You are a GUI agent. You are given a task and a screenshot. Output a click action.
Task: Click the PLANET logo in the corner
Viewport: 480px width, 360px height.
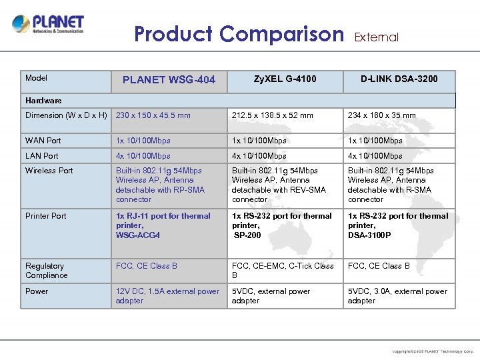tap(48, 25)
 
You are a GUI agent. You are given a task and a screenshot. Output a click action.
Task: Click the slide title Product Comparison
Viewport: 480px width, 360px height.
tap(239, 34)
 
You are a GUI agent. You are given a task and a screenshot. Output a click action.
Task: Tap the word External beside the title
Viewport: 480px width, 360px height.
tap(376, 37)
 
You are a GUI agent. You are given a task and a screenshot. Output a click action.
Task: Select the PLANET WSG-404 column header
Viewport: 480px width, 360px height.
tap(169, 80)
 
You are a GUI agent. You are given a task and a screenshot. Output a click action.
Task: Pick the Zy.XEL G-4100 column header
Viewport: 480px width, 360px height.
tap(285, 79)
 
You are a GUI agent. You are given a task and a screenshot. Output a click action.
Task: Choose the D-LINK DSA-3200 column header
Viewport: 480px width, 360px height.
tap(399, 79)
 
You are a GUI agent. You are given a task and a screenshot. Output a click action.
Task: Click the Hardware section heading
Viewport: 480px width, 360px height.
tap(43, 101)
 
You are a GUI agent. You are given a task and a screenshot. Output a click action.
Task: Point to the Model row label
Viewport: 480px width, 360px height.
tap(36, 78)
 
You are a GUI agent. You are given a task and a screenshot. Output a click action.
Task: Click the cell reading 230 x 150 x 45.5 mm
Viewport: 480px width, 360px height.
tap(153, 115)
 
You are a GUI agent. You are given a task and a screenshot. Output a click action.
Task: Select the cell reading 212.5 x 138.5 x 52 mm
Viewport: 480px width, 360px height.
tap(272, 115)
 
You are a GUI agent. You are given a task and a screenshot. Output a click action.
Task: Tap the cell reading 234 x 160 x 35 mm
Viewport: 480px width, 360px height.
tap(381, 115)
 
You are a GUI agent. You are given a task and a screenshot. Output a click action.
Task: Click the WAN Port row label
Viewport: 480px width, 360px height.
tap(43, 141)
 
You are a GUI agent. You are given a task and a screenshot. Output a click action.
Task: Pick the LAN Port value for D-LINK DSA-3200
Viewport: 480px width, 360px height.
tap(375, 156)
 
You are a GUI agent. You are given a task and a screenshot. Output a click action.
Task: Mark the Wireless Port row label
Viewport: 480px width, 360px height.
tap(49, 171)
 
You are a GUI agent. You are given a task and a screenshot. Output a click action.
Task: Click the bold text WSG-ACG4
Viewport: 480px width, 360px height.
tap(138, 235)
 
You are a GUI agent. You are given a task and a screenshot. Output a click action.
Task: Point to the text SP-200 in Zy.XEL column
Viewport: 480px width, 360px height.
tap(248, 235)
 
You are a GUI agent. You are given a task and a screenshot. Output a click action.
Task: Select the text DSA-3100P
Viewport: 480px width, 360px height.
tap(369, 235)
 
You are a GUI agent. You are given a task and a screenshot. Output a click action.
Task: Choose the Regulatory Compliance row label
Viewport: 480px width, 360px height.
tap(46, 271)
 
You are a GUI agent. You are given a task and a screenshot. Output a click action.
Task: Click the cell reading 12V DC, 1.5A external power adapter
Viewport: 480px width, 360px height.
tap(167, 296)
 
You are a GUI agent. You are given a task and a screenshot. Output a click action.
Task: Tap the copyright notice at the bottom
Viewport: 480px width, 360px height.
tap(433, 351)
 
